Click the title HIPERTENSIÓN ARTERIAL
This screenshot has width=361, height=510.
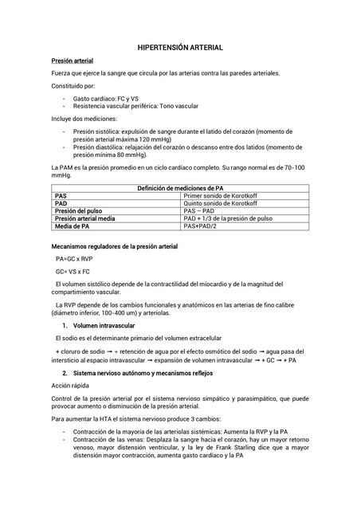[x=180, y=49]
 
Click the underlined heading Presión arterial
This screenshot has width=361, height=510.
[x=73, y=61]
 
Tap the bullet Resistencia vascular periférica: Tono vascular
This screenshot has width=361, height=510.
[x=135, y=106]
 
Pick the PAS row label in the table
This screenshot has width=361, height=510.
[x=61, y=195]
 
